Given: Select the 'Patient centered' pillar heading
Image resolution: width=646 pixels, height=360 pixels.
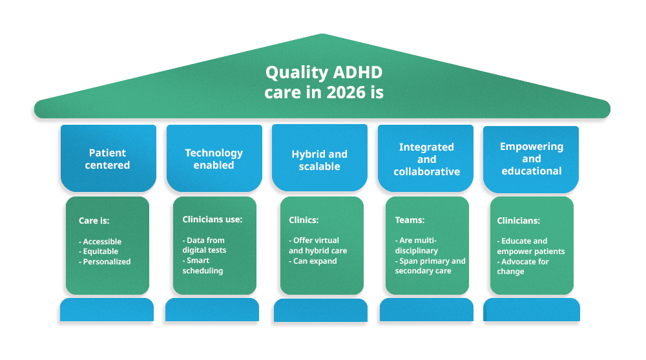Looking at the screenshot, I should click(x=108, y=159).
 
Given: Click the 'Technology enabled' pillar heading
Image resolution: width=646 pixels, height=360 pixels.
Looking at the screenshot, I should click(x=214, y=159).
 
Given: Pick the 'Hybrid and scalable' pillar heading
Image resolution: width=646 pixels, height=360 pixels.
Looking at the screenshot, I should click(x=319, y=160).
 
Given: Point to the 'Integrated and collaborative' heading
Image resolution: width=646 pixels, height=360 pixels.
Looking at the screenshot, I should click(x=426, y=159).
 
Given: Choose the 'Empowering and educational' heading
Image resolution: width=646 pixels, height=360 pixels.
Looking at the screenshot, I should click(x=532, y=158).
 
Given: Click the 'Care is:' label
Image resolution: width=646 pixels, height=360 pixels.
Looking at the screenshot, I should click(x=94, y=220).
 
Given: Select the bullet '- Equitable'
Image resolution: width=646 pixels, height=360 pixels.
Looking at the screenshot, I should click(x=99, y=251).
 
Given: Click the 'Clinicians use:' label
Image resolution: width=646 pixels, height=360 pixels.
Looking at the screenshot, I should click(x=213, y=219).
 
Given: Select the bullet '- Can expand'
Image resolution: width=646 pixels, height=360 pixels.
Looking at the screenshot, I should click(x=313, y=261).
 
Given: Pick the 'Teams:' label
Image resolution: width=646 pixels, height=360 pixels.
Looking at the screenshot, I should click(x=409, y=220).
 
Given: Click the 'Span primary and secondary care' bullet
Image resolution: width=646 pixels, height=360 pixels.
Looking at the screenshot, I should click(x=430, y=266).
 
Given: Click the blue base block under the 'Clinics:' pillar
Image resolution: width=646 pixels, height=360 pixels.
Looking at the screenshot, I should click(x=320, y=310).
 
